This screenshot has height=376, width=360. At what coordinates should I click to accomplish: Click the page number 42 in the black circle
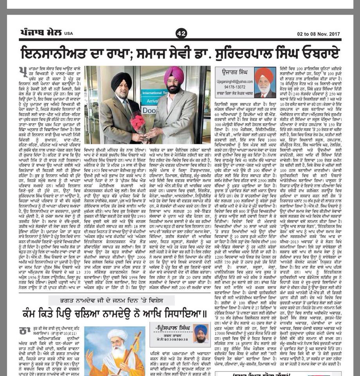pos(180,34)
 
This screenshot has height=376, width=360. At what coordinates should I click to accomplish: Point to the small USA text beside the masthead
pos(69,34)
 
